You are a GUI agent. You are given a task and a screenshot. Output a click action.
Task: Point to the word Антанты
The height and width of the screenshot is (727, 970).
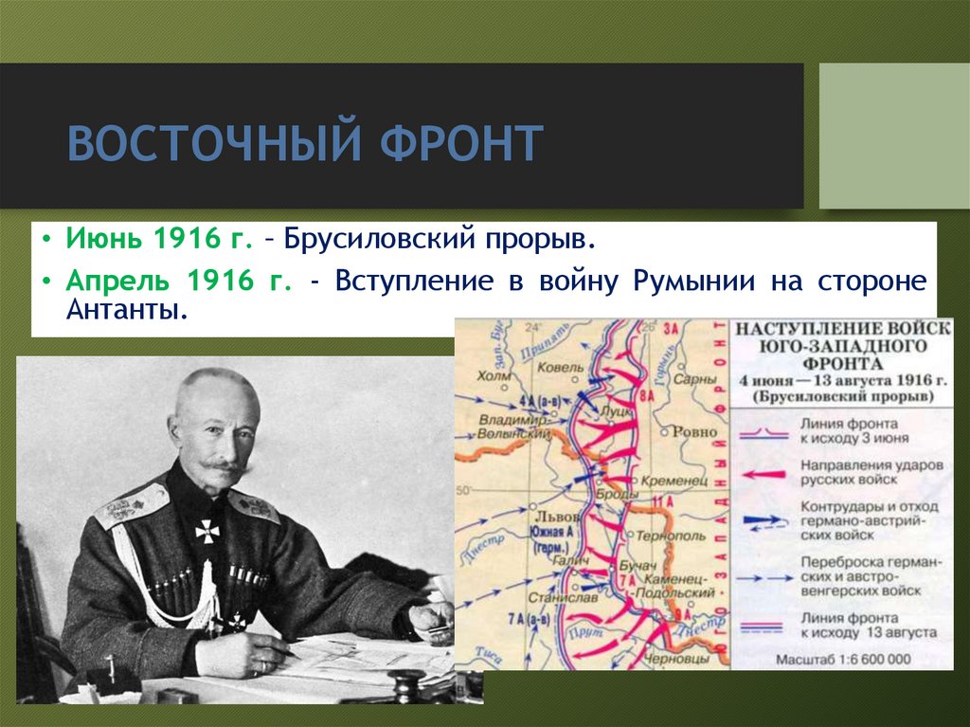pos(123,310)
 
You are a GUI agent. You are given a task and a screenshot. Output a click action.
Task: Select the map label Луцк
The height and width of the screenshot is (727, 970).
pos(619,413)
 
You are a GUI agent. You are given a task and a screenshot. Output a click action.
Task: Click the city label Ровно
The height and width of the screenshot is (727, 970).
pos(694,431)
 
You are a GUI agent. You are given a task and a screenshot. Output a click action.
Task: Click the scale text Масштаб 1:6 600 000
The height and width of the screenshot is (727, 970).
pos(842,658)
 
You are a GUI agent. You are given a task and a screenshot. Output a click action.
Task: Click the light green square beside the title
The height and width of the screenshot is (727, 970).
pos(893,136)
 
